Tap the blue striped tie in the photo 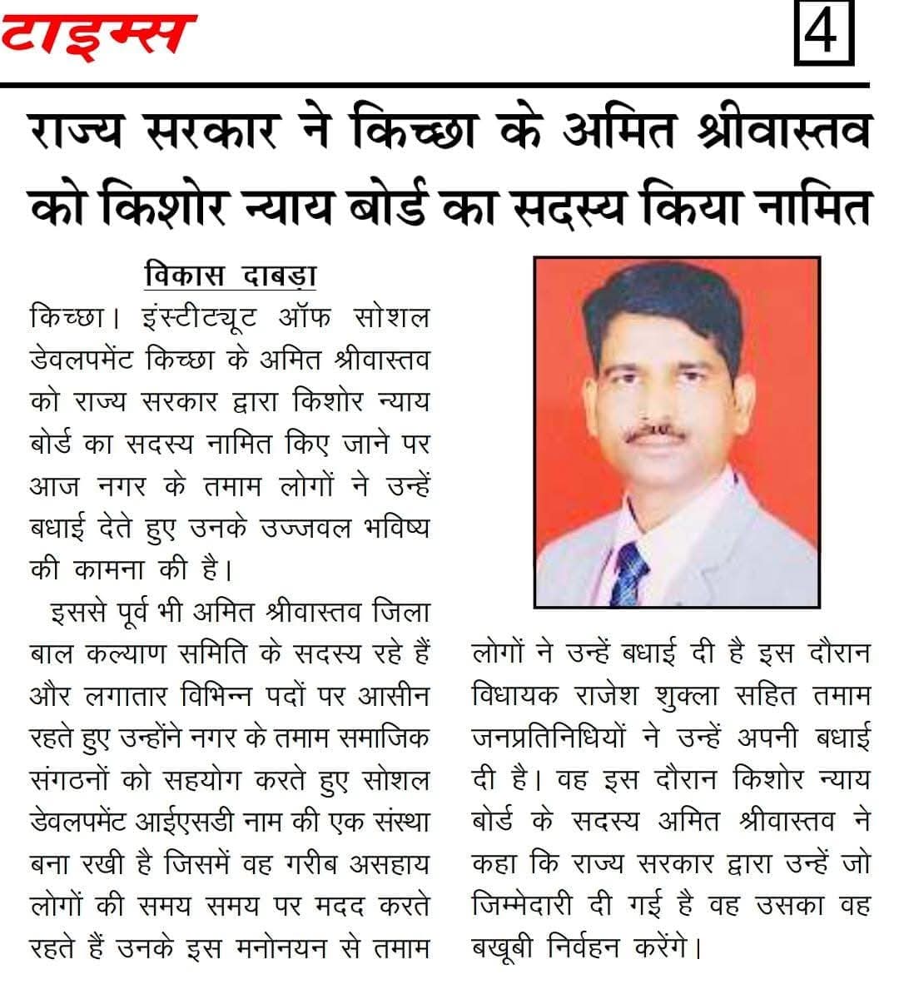pos(629,574)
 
